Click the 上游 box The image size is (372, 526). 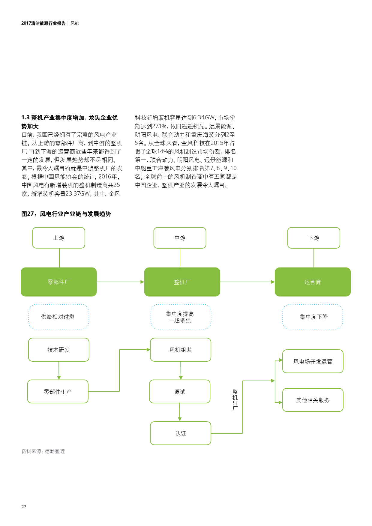coord(59,238)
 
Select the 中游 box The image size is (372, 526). coord(180,238)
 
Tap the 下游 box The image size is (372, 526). coord(314,238)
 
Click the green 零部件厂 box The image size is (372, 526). coord(59,282)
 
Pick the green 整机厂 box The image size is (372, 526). coord(182,282)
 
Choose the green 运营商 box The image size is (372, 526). coord(313,282)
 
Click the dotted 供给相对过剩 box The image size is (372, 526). coord(59,317)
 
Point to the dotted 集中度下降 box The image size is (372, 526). coord(313,317)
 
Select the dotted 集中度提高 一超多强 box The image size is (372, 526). coord(181,317)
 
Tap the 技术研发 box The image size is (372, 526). coord(59,350)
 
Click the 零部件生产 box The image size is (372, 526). coord(58,391)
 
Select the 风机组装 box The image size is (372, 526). coord(181,350)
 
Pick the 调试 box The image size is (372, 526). coord(180,391)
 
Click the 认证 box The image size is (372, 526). coord(181,433)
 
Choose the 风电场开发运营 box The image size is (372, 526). coord(313,361)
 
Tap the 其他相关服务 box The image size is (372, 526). coord(313,400)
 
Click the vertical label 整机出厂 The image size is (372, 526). coord(235,400)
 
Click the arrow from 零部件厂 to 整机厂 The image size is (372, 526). coord(120,282)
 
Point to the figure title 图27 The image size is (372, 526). coord(66,214)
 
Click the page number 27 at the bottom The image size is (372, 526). coord(24,507)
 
